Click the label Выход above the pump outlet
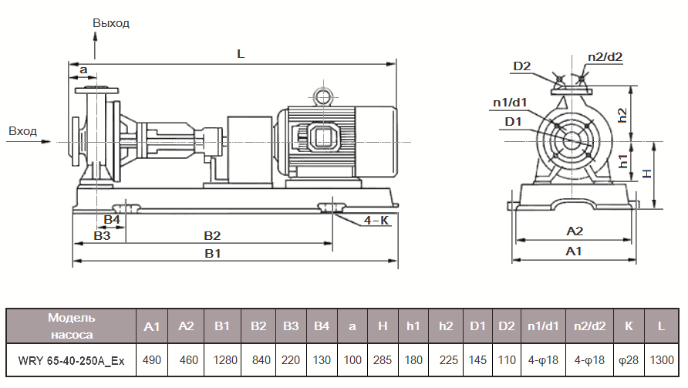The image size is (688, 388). point(111,23)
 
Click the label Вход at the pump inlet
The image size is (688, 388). point(22,131)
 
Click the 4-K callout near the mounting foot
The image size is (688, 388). point(376,221)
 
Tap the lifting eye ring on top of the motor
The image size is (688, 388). point(321,96)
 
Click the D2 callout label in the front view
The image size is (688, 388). point(522,66)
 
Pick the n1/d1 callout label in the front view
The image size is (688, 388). point(511,102)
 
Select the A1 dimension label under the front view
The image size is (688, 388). point(574,251)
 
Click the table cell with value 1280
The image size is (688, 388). point(222,360)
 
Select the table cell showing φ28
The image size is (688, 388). point(628,360)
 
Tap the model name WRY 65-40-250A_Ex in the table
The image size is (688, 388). point(72,360)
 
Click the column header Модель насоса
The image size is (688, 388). point(72,326)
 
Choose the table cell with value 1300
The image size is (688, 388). point(662,360)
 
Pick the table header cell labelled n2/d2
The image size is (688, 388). point(588,326)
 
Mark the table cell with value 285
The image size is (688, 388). point(383,360)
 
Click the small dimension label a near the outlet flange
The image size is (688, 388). point(83,70)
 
